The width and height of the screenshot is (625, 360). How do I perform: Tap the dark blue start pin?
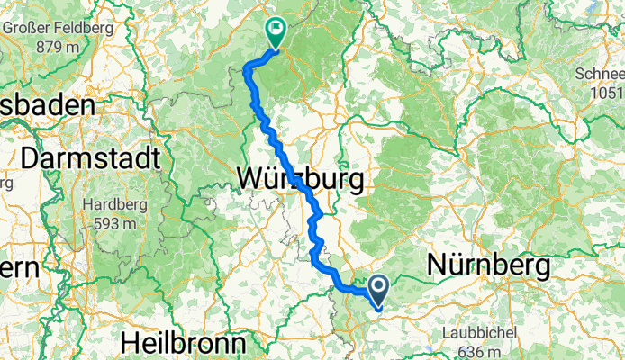(x=377, y=289)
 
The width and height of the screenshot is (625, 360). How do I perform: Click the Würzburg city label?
(x=301, y=178)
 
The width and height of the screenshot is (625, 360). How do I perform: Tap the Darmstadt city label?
(x=90, y=158)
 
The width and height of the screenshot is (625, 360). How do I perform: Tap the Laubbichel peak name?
(x=478, y=332)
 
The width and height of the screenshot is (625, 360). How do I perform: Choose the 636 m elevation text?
(x=478, y=349)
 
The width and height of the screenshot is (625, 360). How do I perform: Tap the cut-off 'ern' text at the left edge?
(x=18, y=267)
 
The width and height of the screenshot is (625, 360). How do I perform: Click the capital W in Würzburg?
(x=251, y=178)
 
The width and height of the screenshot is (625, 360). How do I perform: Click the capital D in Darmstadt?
(x=30, y=158)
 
